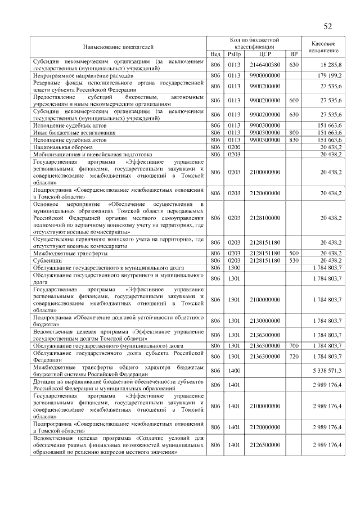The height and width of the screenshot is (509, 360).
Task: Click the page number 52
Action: (328, 26)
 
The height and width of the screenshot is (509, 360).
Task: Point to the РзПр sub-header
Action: (233, 54)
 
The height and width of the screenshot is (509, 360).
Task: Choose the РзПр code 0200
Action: (233, 146)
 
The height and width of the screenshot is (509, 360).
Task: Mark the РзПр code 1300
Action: (233, 268)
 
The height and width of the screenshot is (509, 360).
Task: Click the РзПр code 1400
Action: (233, 371)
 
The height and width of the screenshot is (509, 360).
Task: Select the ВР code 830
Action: (294, 139)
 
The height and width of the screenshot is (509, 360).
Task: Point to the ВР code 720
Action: (294, 356)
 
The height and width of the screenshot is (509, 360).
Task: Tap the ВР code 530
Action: (294, 261)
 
